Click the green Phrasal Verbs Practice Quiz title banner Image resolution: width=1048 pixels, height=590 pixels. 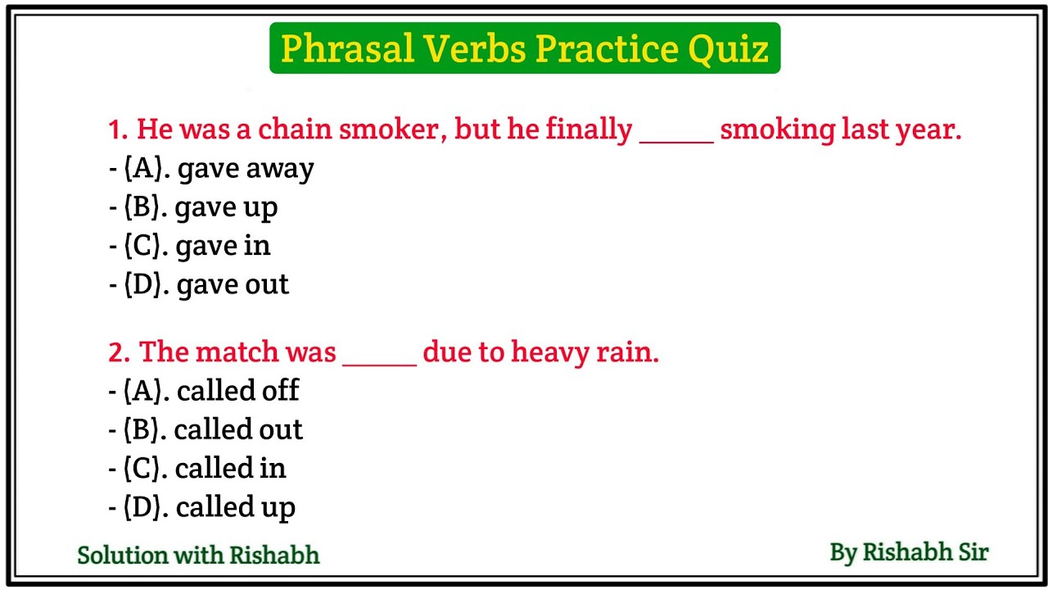(524, 49)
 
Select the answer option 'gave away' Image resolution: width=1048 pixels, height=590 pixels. (219, 169)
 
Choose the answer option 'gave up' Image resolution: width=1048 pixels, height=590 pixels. (201, 207)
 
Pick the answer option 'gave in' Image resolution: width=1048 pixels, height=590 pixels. (197, 246)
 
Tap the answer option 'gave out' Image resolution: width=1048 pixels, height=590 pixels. (206, 284)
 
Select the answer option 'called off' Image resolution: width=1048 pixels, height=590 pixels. (211, 391)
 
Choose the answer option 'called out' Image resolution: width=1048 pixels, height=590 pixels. (213, 429)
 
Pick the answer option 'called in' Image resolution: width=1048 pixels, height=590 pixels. (205, 468)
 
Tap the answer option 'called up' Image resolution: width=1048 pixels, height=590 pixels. (210, 507)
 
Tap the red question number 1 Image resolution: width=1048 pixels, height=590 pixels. (118, 129)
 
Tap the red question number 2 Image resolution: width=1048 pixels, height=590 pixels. (119, 352)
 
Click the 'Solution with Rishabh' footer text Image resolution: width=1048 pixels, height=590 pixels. (198, 555)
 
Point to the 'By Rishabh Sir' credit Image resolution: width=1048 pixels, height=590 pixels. (909, 552)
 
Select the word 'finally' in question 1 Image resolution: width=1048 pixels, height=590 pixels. (589, 129)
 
